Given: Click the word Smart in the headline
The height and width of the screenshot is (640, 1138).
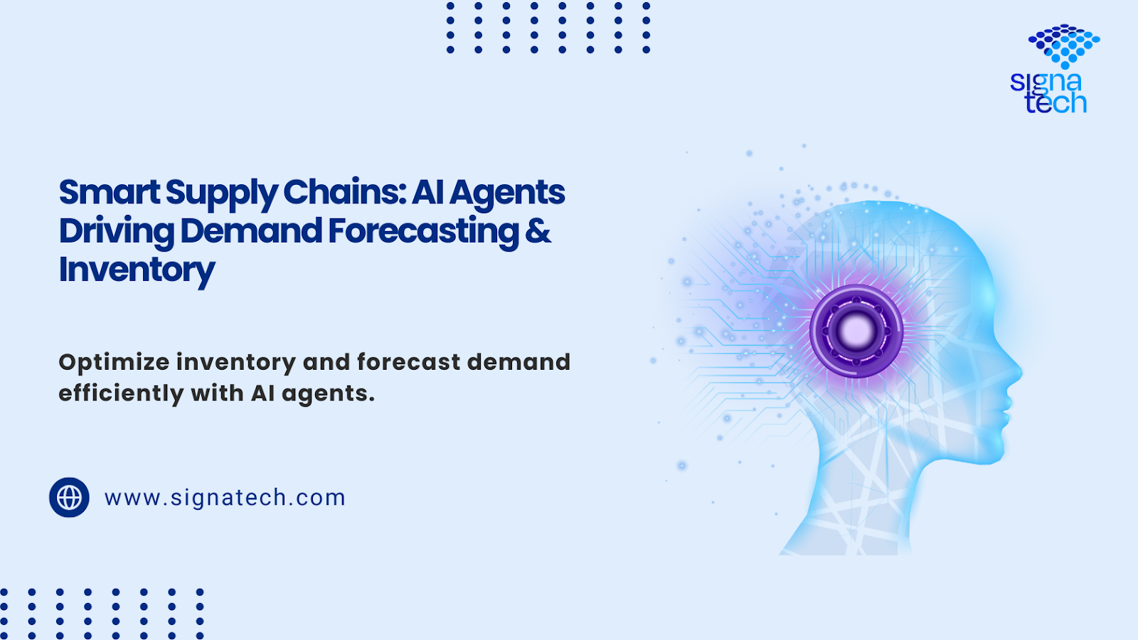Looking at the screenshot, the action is click(x=110, y=193).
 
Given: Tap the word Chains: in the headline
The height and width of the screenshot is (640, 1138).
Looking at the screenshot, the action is click(x=344, y=193).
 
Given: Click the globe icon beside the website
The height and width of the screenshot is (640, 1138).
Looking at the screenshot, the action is click(x=69, y=497).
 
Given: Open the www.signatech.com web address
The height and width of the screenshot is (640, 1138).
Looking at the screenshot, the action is click(x=225, y=498).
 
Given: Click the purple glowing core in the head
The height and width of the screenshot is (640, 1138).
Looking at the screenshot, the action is click(x=856, y=331).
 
